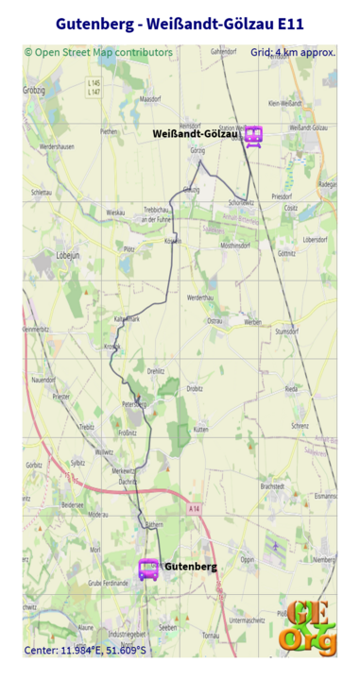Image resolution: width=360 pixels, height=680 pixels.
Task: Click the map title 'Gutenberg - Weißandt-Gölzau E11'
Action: pyautogui.click(x=180, y=24)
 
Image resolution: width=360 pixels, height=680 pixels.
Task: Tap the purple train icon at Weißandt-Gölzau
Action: pyautogui.click(x=253, y=136)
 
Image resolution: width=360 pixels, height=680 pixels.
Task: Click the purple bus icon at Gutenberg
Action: pyautogui.click(x=148, y=569)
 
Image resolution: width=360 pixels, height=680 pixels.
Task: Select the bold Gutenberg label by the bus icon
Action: pyautogui.click(x=191, y=567)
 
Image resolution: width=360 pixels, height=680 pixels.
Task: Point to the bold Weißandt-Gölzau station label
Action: pyautogui.click(x=195, y=134)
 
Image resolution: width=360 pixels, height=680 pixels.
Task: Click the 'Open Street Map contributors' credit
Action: pyautogui.click(x=98, y=53)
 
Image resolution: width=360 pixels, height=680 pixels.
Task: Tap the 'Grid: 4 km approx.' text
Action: pyautogui.click(x=293, y=53)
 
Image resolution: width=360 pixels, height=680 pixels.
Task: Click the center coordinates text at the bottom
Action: pyautogui.click(x=85, y=650)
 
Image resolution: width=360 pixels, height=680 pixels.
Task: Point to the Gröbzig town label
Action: pyautogui.click(x=35, y=91)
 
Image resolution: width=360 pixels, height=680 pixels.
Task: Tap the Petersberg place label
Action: pyautogui.click(x=134, y=403)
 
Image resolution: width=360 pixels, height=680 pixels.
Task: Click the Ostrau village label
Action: pyautogui.click(x=214, y=321)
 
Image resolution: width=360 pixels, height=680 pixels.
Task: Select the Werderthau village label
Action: pyautogui.click(x=200, y=297)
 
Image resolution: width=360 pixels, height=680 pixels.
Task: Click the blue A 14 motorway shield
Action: pyautogui.click(x=194, y=509)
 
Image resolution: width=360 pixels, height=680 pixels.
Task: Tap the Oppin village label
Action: pyautogui.click(x=248, y=559)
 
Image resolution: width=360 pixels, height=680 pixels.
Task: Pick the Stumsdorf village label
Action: pyautogui.click(x=285, y=331)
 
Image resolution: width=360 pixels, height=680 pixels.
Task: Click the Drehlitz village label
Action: pyautogui.click(x=156, y=371)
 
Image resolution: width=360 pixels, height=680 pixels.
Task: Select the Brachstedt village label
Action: pyautogui.click(x=272, y=485)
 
